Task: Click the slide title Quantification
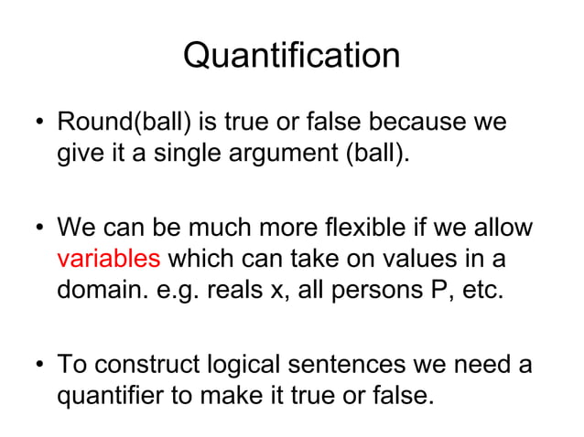tap(291, 56)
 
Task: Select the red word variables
tap(108, 259)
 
